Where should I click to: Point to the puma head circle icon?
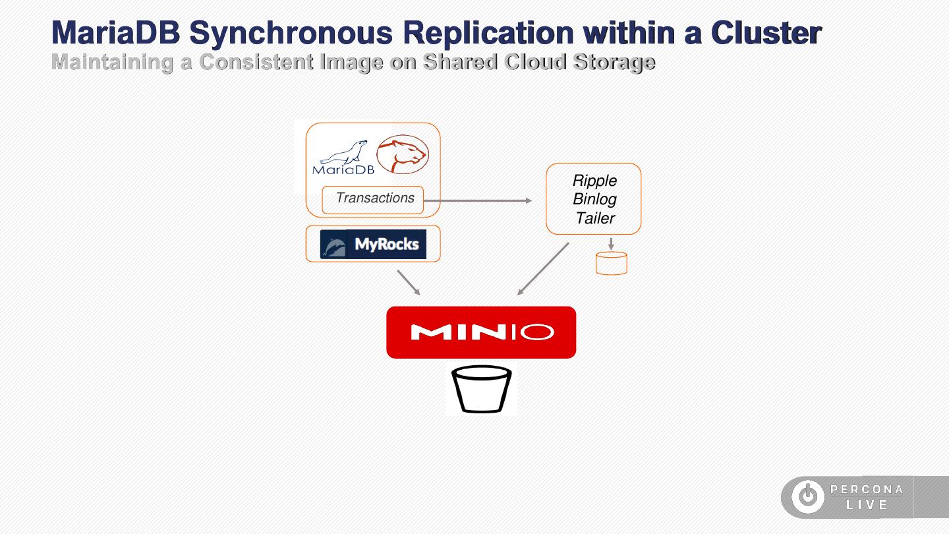click(x=402, y=154)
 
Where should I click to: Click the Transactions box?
click(x=373, y=199)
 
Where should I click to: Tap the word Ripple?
click(x=594, y=181)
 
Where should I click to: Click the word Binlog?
click(x=594, y=199)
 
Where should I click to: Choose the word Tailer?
click(x=594, y=218)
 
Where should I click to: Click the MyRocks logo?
click(x=373, y=245)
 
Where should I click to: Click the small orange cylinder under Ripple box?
click(x=611, y=263)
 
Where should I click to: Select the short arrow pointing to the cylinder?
click(x=611, y=243)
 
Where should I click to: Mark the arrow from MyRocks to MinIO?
click(x=409, y=282)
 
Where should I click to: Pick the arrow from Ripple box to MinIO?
click(x=543, y=269)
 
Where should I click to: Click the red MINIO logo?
click(x=481, y=332)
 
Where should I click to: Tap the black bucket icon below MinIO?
click(x=482, y=389)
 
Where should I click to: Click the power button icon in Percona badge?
click(x=807, y=497)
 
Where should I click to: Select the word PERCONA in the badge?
click(x=867, y=489)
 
